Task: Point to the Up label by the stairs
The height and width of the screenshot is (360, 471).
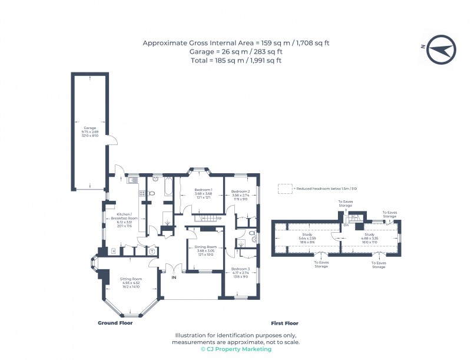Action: click(219, 219)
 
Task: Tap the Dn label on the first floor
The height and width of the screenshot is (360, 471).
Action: click(346, 225)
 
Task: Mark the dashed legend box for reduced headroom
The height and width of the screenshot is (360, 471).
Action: click(285, 189)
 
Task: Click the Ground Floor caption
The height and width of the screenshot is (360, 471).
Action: click(115, 323)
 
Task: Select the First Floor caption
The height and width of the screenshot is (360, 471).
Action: click(284, 323)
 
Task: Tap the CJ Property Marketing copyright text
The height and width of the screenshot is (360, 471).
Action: click(235, 349)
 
